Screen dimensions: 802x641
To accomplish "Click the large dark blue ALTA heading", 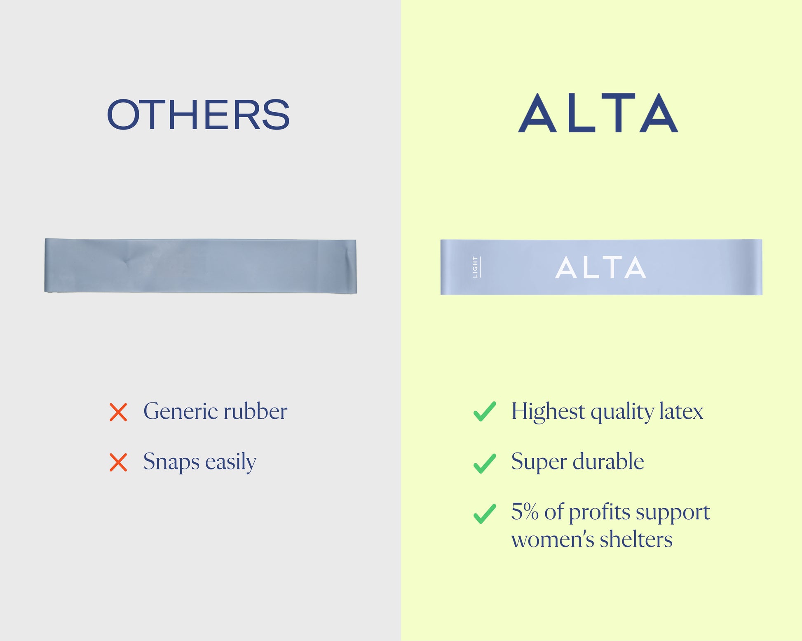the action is (x=598, y=112).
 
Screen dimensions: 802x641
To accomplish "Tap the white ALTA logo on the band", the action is (x=600, y=267).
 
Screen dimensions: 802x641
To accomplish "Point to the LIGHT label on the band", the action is (x=476, y=267).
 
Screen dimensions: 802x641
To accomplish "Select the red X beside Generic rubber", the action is (x=118, y=412).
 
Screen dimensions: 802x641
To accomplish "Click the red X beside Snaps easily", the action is (x=118, y=462).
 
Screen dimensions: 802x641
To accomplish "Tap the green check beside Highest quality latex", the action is (x=485, y=411).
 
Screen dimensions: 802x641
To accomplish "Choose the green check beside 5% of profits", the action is (x=485, y=514).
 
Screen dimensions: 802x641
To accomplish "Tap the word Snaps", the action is (x=171, y=462).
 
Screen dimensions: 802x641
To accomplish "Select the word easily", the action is (x=231, y=462).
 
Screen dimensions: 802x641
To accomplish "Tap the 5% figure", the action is (x=525, y=511).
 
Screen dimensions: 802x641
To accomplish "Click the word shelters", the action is (x=636, y=539).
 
